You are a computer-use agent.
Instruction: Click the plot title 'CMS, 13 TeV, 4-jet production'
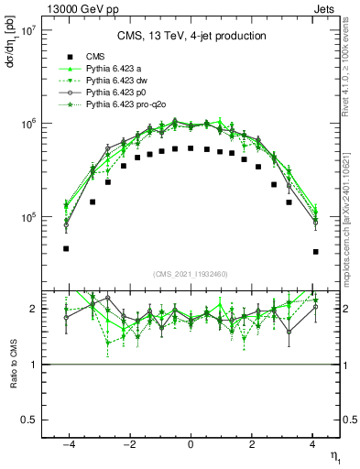(x=191, y=36)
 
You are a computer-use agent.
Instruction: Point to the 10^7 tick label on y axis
(x=26, y=30)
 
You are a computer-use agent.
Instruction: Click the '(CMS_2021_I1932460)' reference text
(x=191, y=274)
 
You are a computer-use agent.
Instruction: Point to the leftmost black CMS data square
(x=66, y=248)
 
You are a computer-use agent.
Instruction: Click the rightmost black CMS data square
(x=315, y=251)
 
